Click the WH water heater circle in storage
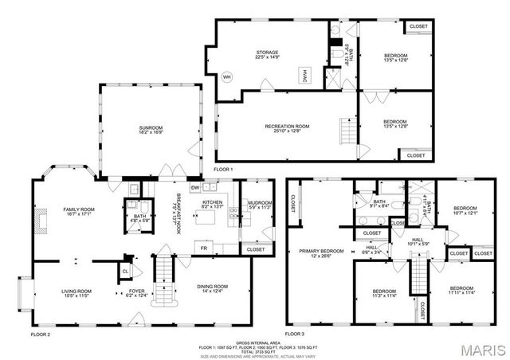pyautogui.click(x=226, y=76)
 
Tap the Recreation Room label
pyautogui.click(x=287, y=128)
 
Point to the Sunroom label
pyautogui.click(x=151, y=130)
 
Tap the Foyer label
pyautogui.click(x=137, y=293)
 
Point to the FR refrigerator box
pyautogui.click(x=204, y=249)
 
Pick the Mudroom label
pyautogui.click(x=257, y=205)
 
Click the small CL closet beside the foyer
pyautogui.click(x=126, y=272)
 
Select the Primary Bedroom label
pyautogui.click(x=321, y=253)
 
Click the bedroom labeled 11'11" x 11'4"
pyautogui.click(x=461, y=290)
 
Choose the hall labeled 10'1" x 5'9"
pyautogui.click(x=418, y=241)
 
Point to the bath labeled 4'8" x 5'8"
pyautogui.click(x=139, y=218)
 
